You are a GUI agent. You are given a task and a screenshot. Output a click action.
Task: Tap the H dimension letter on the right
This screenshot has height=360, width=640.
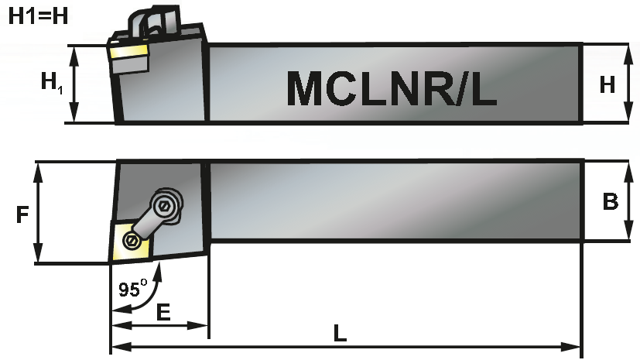[607, 84]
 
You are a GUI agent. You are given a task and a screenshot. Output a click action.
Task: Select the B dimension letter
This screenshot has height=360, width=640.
[611, 201]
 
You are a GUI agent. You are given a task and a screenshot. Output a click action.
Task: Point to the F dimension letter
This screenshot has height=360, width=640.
[22, 214]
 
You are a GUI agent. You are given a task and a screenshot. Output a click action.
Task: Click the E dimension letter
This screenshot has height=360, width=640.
[163, 313]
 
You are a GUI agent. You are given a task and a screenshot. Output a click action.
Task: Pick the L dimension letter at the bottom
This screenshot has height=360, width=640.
[339, 334]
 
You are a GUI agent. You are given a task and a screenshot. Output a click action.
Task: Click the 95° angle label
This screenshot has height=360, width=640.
[132, 290]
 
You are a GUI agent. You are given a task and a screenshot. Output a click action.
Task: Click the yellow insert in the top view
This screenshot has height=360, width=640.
[129, 242]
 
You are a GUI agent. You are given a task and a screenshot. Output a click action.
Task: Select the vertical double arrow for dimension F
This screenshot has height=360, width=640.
[37, 212]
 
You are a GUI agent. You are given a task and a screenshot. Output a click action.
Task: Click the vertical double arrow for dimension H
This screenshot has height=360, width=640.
[627, 83]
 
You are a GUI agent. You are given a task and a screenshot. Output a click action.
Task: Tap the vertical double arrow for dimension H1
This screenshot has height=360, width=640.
[74, 84]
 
